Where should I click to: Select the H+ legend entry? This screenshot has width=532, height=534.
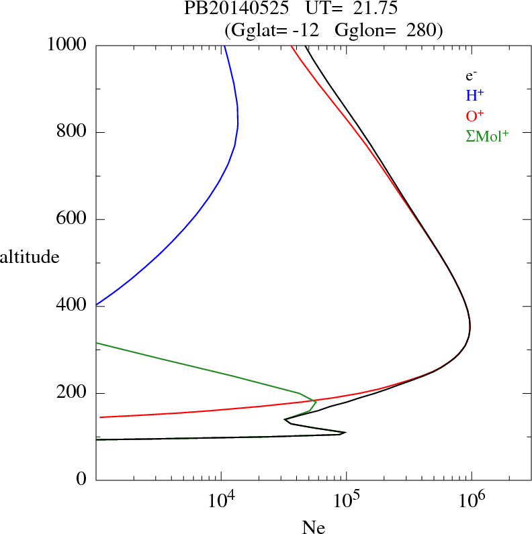click(x=475, y=96)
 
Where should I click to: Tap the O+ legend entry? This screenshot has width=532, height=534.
click(x=475, y=115)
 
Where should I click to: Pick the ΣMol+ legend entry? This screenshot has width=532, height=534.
click(x=486, y=136)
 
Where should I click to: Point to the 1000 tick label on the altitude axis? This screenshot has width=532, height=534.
click(x=68, y=45)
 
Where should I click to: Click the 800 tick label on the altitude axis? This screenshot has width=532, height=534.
click(x=72, y=132)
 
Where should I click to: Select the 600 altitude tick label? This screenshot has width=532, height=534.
click(x=72, y=219)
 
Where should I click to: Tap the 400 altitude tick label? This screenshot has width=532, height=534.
click(x=72, y=306)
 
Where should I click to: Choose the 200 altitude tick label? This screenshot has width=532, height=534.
click(x=72, y=393)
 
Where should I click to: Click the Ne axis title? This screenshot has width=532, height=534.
click(x=313, y=527)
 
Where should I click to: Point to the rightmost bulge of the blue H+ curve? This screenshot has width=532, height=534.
click(x=238, y=121)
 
